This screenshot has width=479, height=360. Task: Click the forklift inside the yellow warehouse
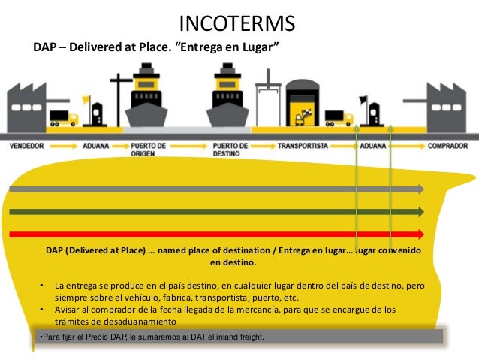[x=306, y=117]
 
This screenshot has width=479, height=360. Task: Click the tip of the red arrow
[x=421, y=233]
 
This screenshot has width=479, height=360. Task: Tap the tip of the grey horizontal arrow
[x=421, y=189]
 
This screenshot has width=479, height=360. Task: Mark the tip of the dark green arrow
[x=421, y=212]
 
